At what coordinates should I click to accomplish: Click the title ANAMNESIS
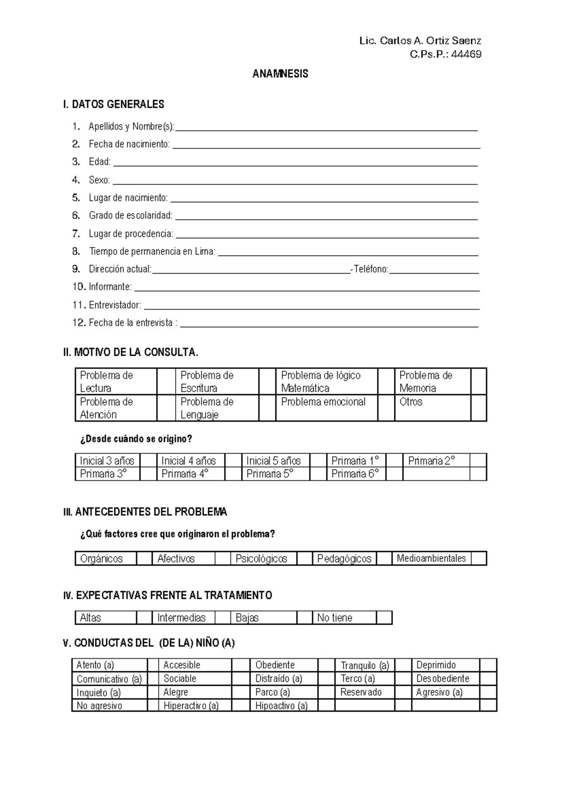pos(280,74)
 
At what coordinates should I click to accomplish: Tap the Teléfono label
pos(371,269)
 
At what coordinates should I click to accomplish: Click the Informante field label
pos(110,287)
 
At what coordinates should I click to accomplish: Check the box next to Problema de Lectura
pos(166,382)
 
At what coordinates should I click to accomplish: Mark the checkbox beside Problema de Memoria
pos(478,382)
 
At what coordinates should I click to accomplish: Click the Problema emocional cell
pos(323,402)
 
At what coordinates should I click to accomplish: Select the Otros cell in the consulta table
pos(411,402)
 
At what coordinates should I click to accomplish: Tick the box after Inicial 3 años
pos(148,461)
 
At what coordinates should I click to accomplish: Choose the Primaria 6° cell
pos(355,474)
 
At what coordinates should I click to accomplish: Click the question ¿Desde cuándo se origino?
pos(136,439)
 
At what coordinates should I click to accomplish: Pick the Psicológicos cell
pos(261,559)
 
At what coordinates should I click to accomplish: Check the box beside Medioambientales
pos(478,559)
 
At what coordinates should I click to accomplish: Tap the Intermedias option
pos(181,618)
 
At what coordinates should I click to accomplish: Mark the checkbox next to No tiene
pos(384,618)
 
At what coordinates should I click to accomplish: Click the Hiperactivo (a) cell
pos(191,706)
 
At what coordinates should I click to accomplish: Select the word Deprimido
pos(436,665)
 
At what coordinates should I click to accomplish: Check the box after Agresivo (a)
pos(488,692)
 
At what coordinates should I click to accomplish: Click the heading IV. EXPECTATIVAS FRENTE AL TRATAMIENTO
pos(167,595)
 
